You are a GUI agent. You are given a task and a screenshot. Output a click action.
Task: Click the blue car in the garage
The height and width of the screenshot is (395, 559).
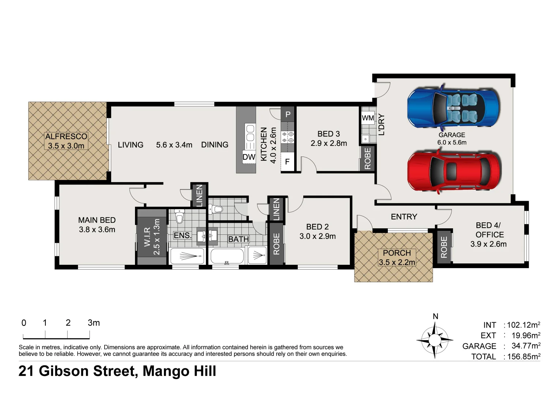453,108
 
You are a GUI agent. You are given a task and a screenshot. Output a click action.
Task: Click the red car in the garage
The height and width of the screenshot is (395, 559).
454,171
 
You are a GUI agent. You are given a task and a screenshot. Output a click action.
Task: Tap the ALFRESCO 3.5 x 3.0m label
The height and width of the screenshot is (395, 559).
66,141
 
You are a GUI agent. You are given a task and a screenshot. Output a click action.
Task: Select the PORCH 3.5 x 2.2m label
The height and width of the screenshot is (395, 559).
397,257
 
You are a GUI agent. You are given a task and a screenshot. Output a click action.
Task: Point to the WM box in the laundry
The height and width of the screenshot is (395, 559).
368,118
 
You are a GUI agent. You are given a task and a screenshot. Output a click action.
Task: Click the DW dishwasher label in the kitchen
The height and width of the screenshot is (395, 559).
249,157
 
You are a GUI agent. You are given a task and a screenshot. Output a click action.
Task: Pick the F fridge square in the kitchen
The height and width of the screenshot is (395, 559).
288,161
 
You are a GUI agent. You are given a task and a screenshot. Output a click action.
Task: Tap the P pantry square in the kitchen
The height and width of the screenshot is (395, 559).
288,114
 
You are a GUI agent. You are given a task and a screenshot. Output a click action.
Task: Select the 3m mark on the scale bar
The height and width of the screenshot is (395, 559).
93,323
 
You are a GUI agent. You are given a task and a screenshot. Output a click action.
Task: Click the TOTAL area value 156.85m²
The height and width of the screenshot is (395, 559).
524,357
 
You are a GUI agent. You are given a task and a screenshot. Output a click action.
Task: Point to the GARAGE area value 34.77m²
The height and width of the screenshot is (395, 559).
526,346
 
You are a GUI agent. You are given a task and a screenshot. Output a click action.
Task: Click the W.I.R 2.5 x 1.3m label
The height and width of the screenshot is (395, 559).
152,237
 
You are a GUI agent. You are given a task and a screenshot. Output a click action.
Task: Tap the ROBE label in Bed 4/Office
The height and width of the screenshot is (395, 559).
444,247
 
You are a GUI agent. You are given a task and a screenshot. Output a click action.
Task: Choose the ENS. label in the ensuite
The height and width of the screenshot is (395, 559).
182,235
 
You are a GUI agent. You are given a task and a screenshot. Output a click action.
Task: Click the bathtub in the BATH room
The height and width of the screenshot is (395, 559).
227,256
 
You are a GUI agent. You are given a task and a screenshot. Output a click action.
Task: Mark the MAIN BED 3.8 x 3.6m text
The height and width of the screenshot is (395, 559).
97,225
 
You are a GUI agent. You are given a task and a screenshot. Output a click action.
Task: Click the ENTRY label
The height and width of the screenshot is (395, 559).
404,217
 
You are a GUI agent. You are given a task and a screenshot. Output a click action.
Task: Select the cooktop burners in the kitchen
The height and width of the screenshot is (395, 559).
288,137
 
